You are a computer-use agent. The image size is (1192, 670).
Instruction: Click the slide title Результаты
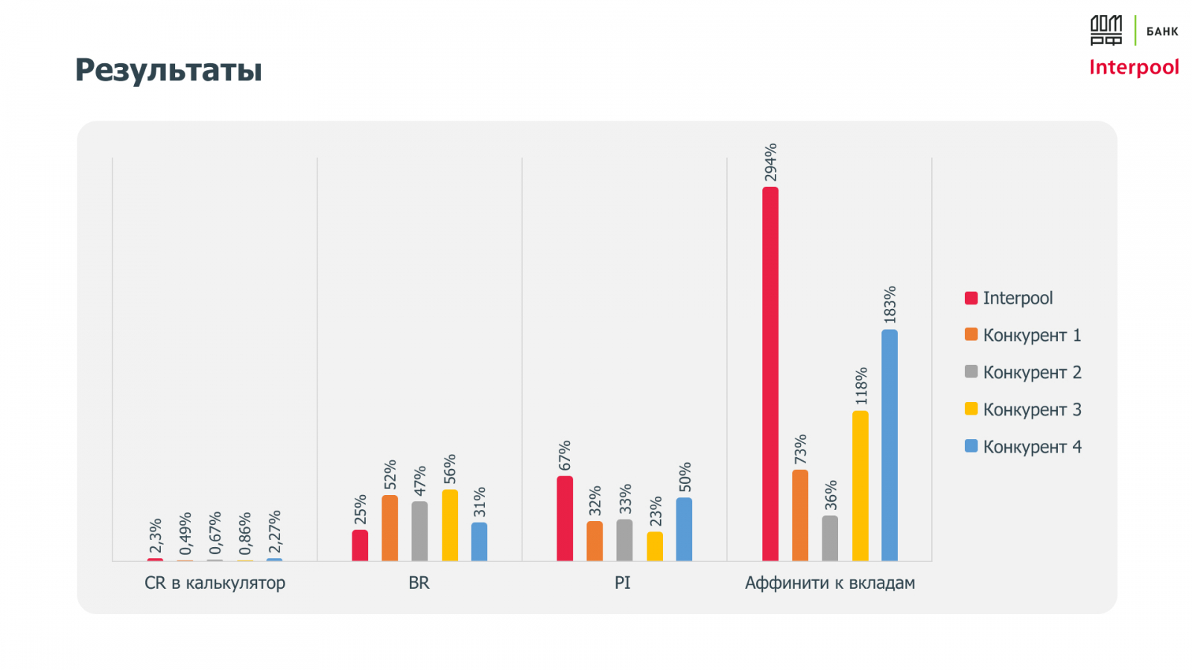click(168, 70)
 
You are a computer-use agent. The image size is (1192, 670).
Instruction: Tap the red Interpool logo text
click(1133, 68)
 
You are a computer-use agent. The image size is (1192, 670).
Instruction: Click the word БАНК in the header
click(1162, 31)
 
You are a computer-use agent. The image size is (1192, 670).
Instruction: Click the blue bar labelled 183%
click(890, 445)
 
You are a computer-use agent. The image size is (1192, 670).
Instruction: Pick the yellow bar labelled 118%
click(860, 485)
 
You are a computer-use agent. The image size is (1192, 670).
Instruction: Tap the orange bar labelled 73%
click(800, 515)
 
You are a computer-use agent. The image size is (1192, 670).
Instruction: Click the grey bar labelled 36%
click(830, 538)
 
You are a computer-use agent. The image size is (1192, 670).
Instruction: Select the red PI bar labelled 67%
click(565, 518)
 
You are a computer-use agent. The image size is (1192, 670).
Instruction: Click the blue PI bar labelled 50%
click(684, 529)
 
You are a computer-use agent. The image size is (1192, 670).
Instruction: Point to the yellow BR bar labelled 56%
click(450, 525)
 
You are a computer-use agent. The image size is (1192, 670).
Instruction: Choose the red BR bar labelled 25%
click(360, 546)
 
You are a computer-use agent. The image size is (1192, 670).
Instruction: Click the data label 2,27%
click(275, 532)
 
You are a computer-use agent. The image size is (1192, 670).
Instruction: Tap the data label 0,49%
click(186, 533)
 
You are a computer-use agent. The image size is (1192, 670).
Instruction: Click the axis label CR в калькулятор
click(215, 583)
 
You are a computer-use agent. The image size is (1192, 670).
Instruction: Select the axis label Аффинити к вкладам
click(830, 583)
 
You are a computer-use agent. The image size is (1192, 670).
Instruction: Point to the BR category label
click(419, 583)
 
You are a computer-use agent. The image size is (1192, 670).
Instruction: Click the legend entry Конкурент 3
click(1032, 409)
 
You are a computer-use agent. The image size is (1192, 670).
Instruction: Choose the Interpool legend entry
click(1018, 298)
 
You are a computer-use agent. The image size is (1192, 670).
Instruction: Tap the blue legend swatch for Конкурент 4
click(971, 446)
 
